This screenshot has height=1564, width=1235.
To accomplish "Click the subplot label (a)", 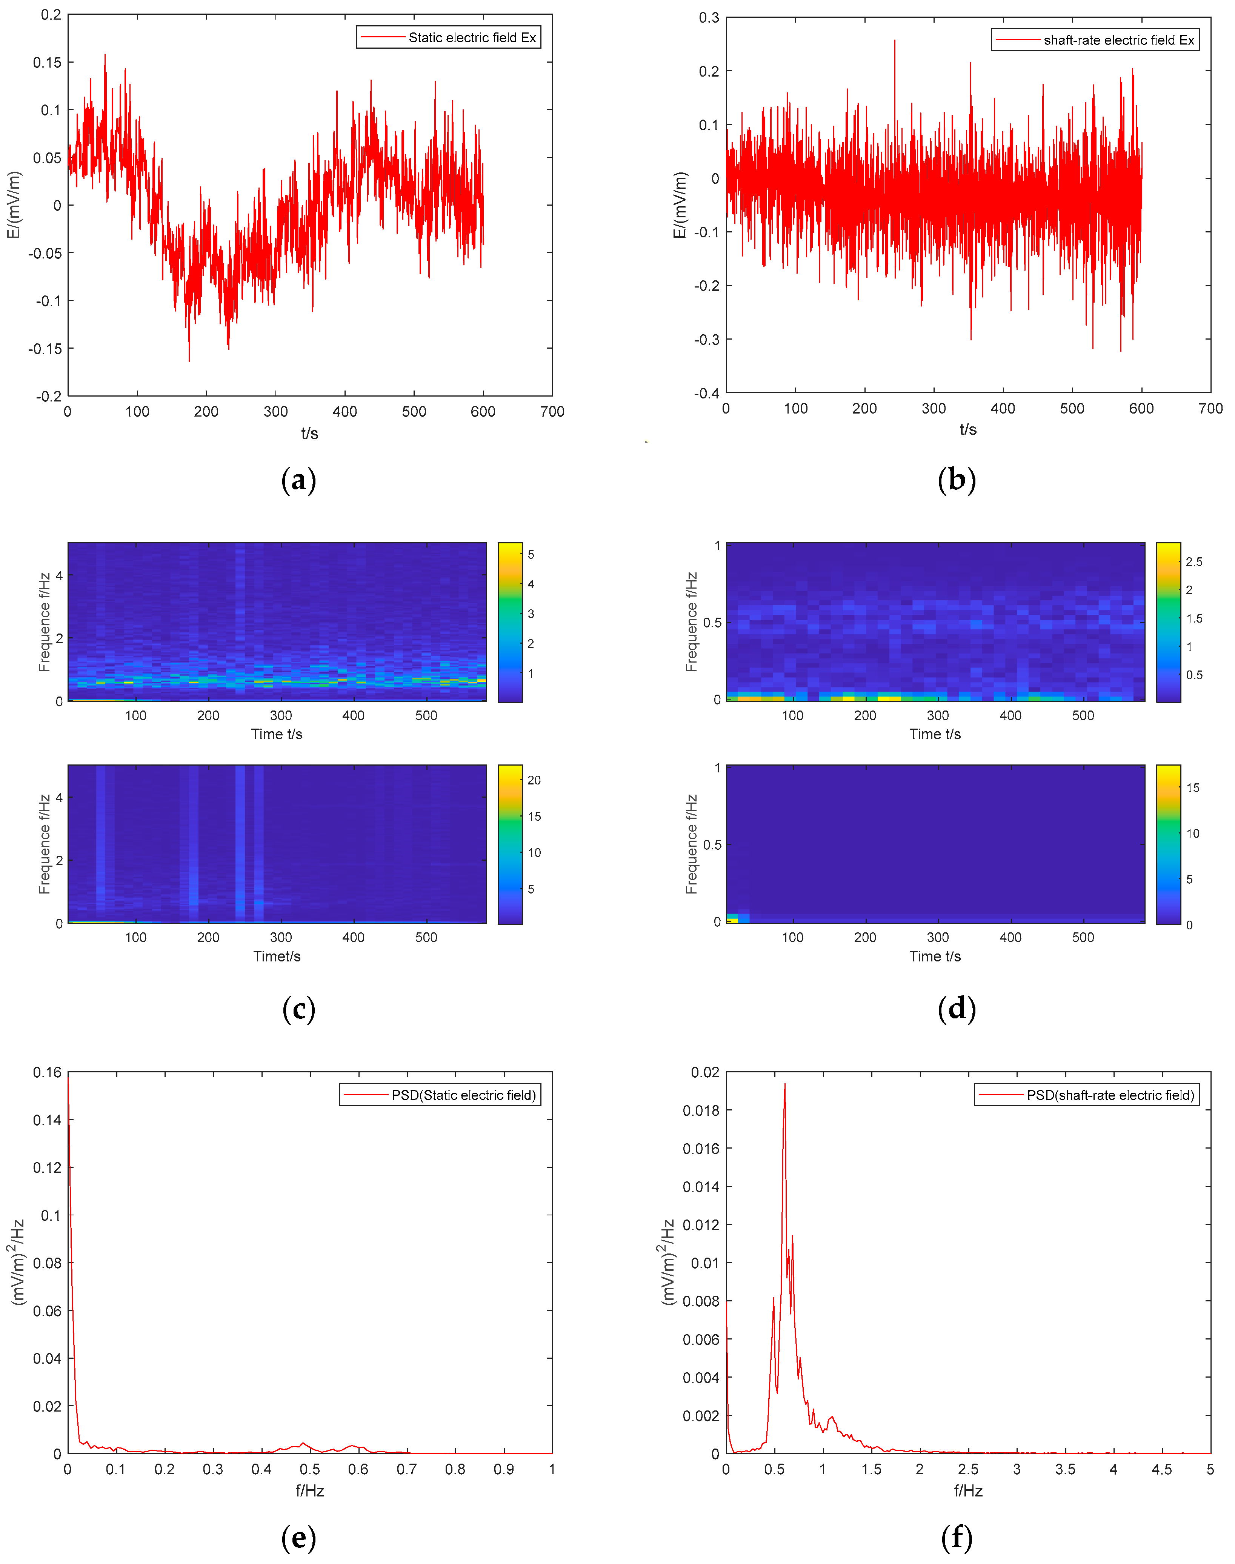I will (x=298, y=480).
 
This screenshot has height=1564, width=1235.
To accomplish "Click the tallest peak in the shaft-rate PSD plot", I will (x=784, y=1084).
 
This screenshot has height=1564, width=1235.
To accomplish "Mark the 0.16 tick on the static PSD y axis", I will (x=47, y=1072).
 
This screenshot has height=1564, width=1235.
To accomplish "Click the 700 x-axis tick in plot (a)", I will (x=552, y=411).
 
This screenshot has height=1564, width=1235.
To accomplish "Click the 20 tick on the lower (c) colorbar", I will (x=534, y=780).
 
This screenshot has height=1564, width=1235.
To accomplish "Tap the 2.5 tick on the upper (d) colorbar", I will (x=1194, y=562).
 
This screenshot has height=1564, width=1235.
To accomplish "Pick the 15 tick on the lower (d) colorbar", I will (x=1192, y=788).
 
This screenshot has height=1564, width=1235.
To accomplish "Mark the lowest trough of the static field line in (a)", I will (x=189, y=361).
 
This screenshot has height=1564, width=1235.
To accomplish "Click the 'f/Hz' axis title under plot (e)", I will (x=309, y=1490).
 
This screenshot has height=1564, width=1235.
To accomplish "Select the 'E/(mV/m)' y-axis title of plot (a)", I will (x=14, y=205).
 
